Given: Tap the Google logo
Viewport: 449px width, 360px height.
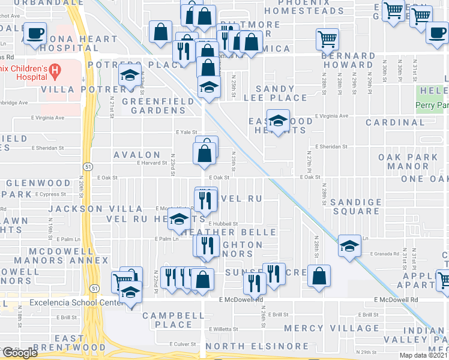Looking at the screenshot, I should (20, 353).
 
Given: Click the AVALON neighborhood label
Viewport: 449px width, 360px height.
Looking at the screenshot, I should (137, 155).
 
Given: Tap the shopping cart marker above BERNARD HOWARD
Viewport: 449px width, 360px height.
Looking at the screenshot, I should (327, 40).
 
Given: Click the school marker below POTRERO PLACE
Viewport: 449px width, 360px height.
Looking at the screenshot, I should (129, 76).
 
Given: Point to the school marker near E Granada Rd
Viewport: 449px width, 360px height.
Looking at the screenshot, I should (349, 245).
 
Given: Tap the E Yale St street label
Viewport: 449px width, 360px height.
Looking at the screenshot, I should (187, 132).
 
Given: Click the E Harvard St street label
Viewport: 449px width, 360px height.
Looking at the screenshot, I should (151, 163).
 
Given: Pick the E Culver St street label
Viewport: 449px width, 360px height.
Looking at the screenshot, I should (181, 344).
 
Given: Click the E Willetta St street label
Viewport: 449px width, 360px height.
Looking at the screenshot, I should (223, 329).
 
